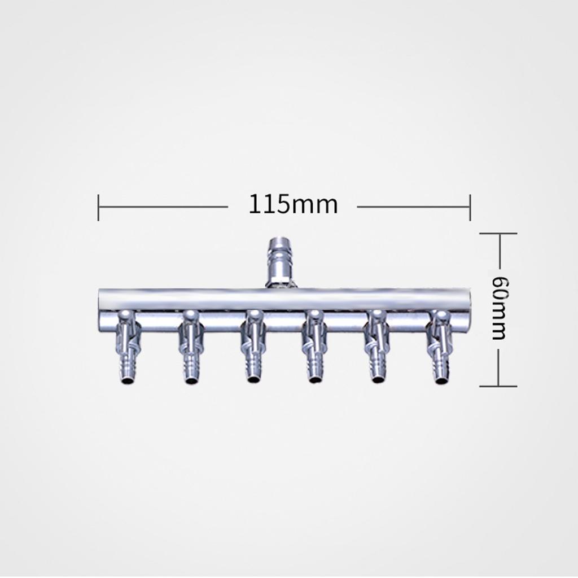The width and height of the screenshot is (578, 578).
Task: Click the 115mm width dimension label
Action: (x=293, y=204)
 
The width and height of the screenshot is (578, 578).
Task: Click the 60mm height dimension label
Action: (x=499, y=308)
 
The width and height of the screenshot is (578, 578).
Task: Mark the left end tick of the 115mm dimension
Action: (x=98, y=207)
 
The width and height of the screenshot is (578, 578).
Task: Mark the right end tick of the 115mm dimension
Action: (x=470, y=207)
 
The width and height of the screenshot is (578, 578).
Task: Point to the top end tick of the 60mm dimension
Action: (x=498, y=233)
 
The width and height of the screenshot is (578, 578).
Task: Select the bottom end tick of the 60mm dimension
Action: (x=498, y=386)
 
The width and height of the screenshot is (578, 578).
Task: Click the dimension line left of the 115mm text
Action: (x=164, y=207)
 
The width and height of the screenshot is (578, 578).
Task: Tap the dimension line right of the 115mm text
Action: (x=412, y=207)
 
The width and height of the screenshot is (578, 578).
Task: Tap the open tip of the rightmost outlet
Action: (x=441, y=381)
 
